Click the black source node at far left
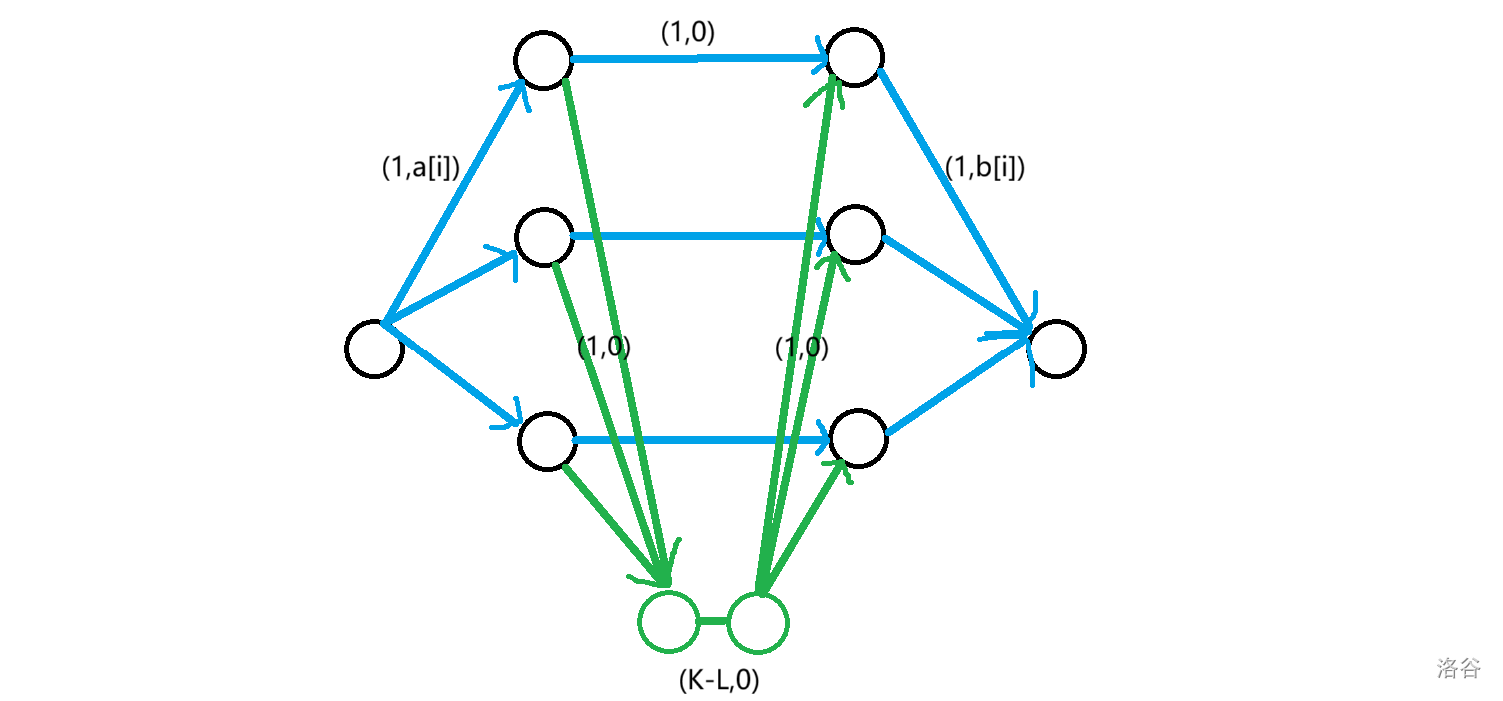click(x=374, y=350)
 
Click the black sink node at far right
click(x=1057, y=350)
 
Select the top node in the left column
click(x=544, y=60)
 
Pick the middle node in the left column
click(x=544, y=237)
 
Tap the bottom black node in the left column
click(x=547, y=440)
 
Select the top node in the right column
click(x=855, y=57)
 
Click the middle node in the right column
click(x=856, y=235)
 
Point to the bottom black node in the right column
click(x=858, y=437)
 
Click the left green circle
click(x=668, y=621)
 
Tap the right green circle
click(x=758, y=621)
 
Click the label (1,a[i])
click(x=420, y=168)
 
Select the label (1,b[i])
click(x=985, y=168)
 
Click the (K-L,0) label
click(x=719, y=681)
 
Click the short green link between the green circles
click(x=713, y=621)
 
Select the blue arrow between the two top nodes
click(x=699, y=59)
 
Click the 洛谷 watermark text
click(x=1459, y=668)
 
